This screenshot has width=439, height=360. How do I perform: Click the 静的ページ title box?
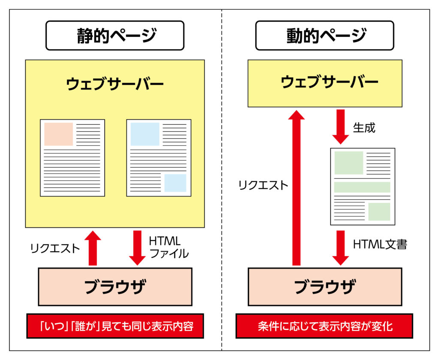point(114,36)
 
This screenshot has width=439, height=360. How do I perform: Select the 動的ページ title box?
point(325,36)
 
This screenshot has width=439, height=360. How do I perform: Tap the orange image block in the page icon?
point(59,134)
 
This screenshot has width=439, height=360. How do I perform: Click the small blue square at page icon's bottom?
point(175,183)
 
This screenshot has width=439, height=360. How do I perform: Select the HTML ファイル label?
point(168,247)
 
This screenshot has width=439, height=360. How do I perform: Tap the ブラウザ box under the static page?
point(115,286)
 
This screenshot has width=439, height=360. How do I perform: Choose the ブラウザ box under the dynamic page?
point(325,286)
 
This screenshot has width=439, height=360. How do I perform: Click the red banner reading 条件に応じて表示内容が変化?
point(325,326)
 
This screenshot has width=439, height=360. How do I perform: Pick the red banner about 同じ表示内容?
point(114,326)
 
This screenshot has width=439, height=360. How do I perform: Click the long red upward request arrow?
point(296,189)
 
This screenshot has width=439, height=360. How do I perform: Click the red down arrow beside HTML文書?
point(340,248)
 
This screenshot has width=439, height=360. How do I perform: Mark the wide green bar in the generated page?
point(362,187)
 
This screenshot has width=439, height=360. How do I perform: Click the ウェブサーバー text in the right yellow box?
point(325,82)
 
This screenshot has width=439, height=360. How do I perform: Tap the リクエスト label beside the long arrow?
point(263,185)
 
